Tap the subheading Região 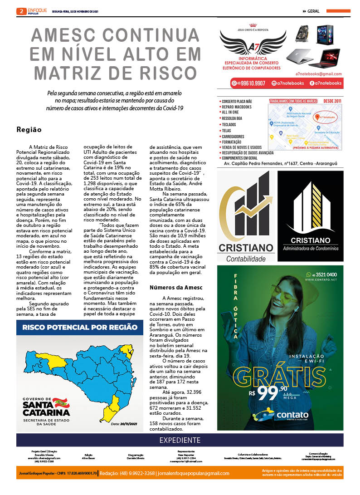(29, 129)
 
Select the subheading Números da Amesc (176, 288)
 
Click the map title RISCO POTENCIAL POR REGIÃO (80, 327)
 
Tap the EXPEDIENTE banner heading (180, 440)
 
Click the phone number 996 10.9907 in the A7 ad (254, 83)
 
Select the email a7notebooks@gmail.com (318, 74)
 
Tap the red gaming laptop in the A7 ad (324, 58)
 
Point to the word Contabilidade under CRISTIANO (246, 259)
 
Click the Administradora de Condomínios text (311, 249)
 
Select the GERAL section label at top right (313, 11)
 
